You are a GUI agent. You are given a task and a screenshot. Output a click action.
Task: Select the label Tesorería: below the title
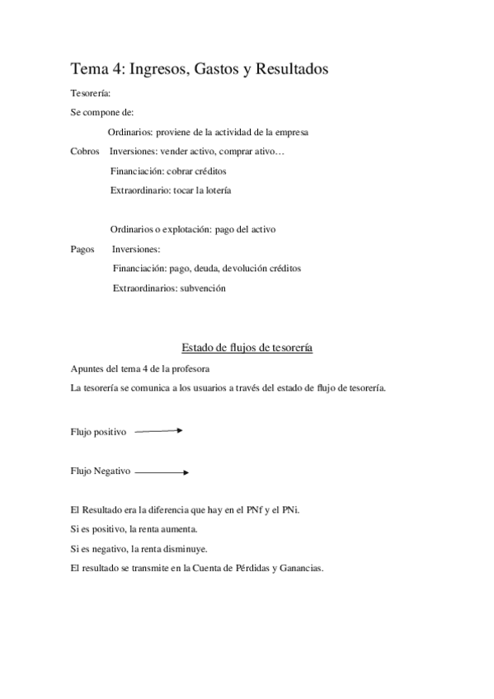(91, 93)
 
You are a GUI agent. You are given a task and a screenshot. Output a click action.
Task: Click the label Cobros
(86, 152)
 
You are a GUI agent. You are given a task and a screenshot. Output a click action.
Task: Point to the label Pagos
(82, 249)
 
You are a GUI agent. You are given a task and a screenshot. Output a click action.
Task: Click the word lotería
(214, 190)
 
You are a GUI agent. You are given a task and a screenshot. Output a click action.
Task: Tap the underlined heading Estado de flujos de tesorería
(247, 348)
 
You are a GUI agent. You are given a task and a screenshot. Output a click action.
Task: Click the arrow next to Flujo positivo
(158, 430)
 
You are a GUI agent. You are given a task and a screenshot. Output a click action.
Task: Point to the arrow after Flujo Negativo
(162, 472)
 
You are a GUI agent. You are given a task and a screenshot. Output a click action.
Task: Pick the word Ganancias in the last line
(302, 568)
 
